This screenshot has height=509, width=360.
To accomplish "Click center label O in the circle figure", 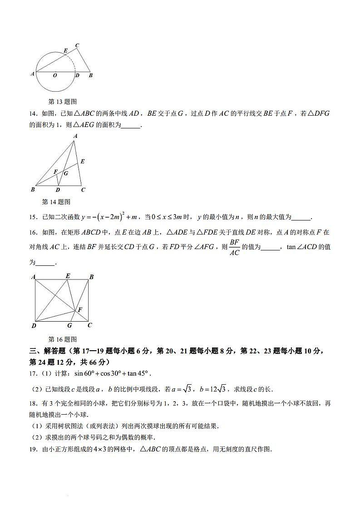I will (x=54, y=75).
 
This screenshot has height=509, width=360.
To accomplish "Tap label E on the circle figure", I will (x=65, y=51).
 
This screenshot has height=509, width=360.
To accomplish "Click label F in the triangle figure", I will (x=55, y=172).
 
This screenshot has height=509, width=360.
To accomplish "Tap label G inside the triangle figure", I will (x=66, y=173).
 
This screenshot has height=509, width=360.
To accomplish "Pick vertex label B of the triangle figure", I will (x=33, y=190).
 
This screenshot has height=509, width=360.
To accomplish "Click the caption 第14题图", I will (x=56, y=202).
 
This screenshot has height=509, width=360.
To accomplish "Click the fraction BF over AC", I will (x=234, y=247).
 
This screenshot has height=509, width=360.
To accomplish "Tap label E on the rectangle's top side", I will (x=68, y=276).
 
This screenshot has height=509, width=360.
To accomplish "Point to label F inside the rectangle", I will (x=80, y=309).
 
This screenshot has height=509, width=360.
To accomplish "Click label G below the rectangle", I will (x=69, y=325).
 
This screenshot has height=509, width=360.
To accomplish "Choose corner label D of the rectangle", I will (x=34, y=326).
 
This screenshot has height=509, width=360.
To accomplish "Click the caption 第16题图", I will (x=63, y=339).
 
